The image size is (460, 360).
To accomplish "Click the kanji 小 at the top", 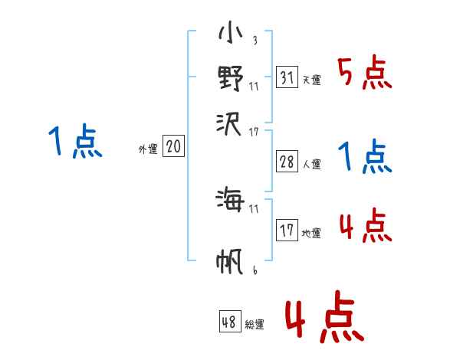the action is pyautogui.click(x=230, y=35).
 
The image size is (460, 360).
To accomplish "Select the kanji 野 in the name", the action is pyautogui.click(x=230, y=77).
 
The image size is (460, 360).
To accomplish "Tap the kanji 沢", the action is pyautogui.click(x=230, y=120).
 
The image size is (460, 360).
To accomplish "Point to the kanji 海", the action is pyautogui.click(x=230, y=201).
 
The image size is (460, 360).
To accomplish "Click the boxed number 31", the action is pyautogui.click(x=287, y=77).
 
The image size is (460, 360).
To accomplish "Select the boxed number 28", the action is pyautogui.click(x=287, y=161).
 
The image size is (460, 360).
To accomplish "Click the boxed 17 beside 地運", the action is pyautogui.click(x=287, y=230).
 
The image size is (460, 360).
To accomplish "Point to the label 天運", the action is pyautogui.click(x=311, y=80).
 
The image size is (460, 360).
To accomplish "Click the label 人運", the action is pyautogui.click(x=311, y=163).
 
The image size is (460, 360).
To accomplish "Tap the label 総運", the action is pyautogui.click(x=255, y=324).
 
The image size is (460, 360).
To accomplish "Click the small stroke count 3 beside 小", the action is pyautogui.click(x=254, y=41).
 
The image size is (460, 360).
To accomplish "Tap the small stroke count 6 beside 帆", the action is pyautogui.click(x=254, y=270).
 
